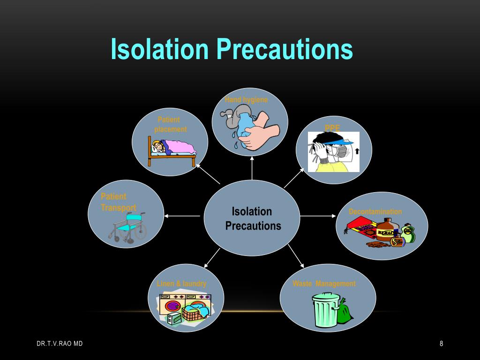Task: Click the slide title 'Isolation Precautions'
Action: pyautogui.click(x=232, y=50)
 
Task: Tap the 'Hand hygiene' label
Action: pyautogui.click(x=246, y=99)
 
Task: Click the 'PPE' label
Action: pyautogui.click(x=332, y=128)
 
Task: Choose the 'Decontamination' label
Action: pyautogui.click(x=375, y=211)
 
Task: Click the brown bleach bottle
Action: pyautogui.click(x=385, y=230)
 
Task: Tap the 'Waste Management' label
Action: pyautogui.click(x=324, y=284)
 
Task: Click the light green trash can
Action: pyautogui.click(x=325, y=310)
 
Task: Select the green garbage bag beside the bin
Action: pyautogui.click(x=345, y=311)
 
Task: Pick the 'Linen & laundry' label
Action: pyautogui.click(x=181, y=284)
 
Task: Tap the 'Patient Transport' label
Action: pyautogui.click(x=118, y=202)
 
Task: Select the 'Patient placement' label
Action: pyautogui.click(x=170, y=124)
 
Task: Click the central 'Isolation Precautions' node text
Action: pyautogui.click(x=253, y=218)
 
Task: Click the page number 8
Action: pyautogui.click(x=441, y=344)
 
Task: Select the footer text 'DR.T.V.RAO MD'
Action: pyautogui.click(x=60, y=344)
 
